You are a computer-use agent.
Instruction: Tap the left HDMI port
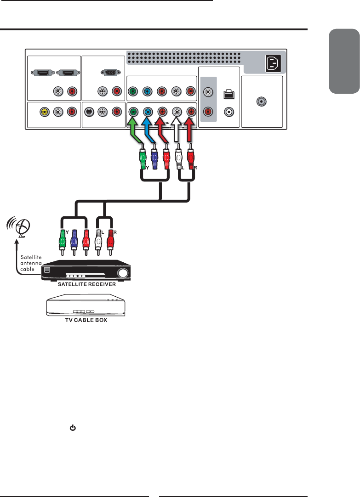point(42,73)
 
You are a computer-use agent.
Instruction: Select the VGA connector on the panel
point(109,72)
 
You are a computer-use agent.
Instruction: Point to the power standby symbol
point(72,428)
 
